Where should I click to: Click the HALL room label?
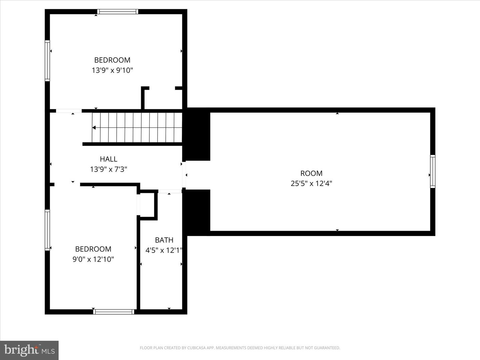tap(108, 159)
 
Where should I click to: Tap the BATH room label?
tap(164, 240)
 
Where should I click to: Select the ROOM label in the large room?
tap(311, 173)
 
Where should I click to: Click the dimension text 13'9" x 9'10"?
tap(112, 70)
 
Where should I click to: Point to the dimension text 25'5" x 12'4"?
tap(311, 183)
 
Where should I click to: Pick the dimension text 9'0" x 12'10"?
tap(93, 259)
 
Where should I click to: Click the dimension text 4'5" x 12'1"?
tap(164, 250)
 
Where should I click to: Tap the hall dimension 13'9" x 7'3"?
tap(108, 169)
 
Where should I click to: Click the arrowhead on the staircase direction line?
tap(94, 128)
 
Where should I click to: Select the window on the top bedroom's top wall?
tap(118, 12)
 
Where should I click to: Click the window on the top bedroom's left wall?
tap(47, 61)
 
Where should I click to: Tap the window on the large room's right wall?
tap(433, 171)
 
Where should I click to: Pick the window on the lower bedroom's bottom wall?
tap(114, 312)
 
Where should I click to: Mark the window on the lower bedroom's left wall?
tap(47, 230)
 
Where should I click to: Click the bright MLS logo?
tap(29, 350)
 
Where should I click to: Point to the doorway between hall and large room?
tap(184, 175)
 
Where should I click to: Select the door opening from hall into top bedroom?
tap(69, 111)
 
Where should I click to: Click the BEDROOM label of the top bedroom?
tap(112, 60)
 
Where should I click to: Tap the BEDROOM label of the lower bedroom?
tap(93, 249)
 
